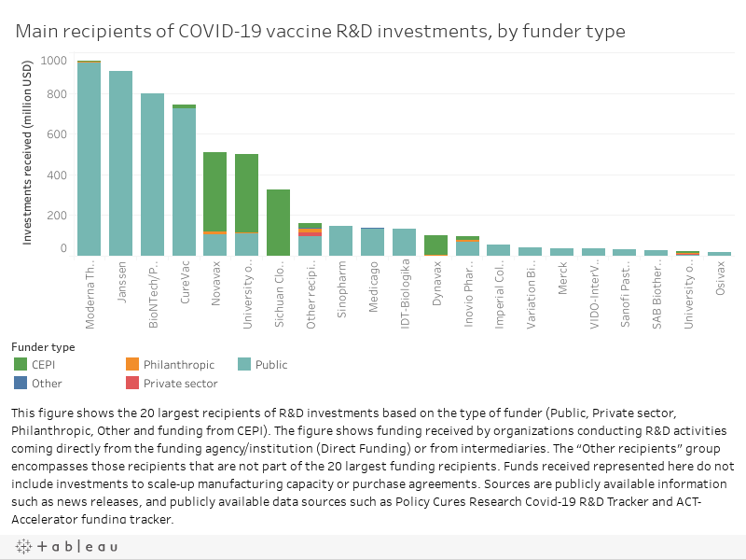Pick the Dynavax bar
point(435,245)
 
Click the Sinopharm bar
point(341,241)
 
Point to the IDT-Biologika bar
point(404,242)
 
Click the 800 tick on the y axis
point(55,94)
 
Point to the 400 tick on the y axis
point(55,175)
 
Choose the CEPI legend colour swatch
point(21,365)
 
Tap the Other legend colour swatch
point(21,384)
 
